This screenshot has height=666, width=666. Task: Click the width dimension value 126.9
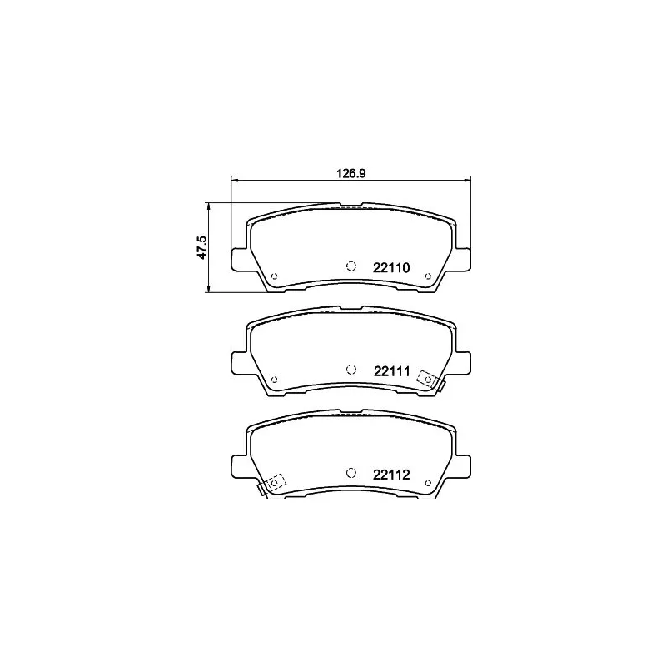pyautogui.click(x=351, y=174)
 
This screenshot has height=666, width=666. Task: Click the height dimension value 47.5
pyautogui.click(x=201, y=247)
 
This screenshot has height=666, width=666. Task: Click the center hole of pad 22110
pyautogui.click(x=350, y=266)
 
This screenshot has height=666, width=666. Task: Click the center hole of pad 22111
pyautogui.click(x=350, y=369)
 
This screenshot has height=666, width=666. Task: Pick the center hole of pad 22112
pyautogui.click(x=350, y=472)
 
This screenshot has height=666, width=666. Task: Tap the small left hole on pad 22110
pyautogui.click(x=275, y=276)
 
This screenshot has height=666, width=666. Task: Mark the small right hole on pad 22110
pyautogui.click(x=427, y=276)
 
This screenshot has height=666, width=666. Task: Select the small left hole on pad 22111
pyautogui.click(x=275, y=380)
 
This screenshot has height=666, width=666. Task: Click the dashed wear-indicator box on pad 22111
pyautogui.click(x=428, y=379)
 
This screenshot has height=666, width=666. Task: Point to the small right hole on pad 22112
pyautogui.click(x=427, y=483)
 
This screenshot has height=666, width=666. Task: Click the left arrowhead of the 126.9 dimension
pyautogui.click(x=234, y=179)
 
